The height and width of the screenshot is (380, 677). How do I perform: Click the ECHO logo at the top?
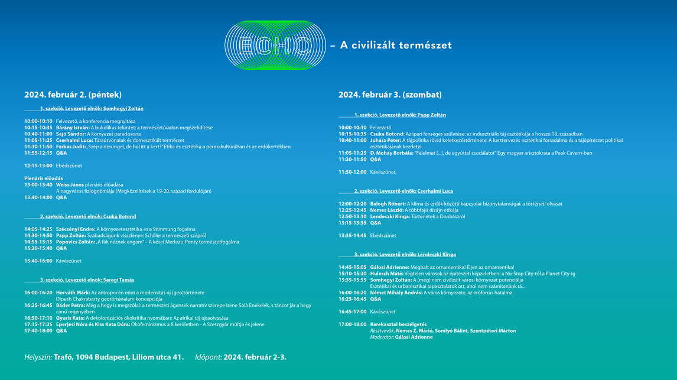click(x=275, y=45)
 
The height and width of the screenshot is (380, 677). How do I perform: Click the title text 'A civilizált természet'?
click(x=396, y=46)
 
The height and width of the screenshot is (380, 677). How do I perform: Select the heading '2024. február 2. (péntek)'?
click(x=73, y=95)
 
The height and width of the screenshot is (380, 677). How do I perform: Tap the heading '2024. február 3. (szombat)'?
click(x=390, y=95)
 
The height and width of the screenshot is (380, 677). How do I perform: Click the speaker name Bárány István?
click(x=73, y=128)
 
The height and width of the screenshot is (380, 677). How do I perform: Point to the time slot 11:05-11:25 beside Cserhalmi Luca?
click(x=38, y=140)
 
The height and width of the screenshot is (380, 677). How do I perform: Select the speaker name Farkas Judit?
click(x=71, y=147)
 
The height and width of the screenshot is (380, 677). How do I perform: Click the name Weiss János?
click(x=70, y=185)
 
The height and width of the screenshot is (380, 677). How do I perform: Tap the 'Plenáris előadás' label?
click(x=44, y=178)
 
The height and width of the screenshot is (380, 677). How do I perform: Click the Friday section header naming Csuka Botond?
click(x=88, y=216)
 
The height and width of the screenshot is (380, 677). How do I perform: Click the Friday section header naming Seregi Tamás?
click(x=87, y=280)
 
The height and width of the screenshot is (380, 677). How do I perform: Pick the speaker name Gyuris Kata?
click(x=70, y=319)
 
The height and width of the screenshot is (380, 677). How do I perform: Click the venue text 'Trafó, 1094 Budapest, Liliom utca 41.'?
click(x=119, y=357)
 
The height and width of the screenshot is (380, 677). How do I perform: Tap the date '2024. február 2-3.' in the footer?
click(x=255, y=357)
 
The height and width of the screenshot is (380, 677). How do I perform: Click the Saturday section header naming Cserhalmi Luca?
click(x=403, y=191)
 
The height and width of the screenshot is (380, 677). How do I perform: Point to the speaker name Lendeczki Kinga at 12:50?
click(x=390, y=217)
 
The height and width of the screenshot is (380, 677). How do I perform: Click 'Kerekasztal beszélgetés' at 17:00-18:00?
click(x=398, y=324)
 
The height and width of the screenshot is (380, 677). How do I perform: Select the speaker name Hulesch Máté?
click(x=386, y=274)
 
